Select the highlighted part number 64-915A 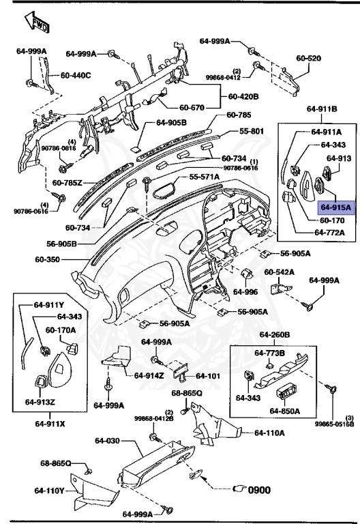(x=335, y=207)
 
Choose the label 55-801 (x=251, y=130)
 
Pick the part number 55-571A (x=204, y=177)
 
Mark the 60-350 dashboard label (x=48, y=260)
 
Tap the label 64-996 (x=245, y=292)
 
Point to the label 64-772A (x=329, y=233)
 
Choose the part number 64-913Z (x=40, y=401)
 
